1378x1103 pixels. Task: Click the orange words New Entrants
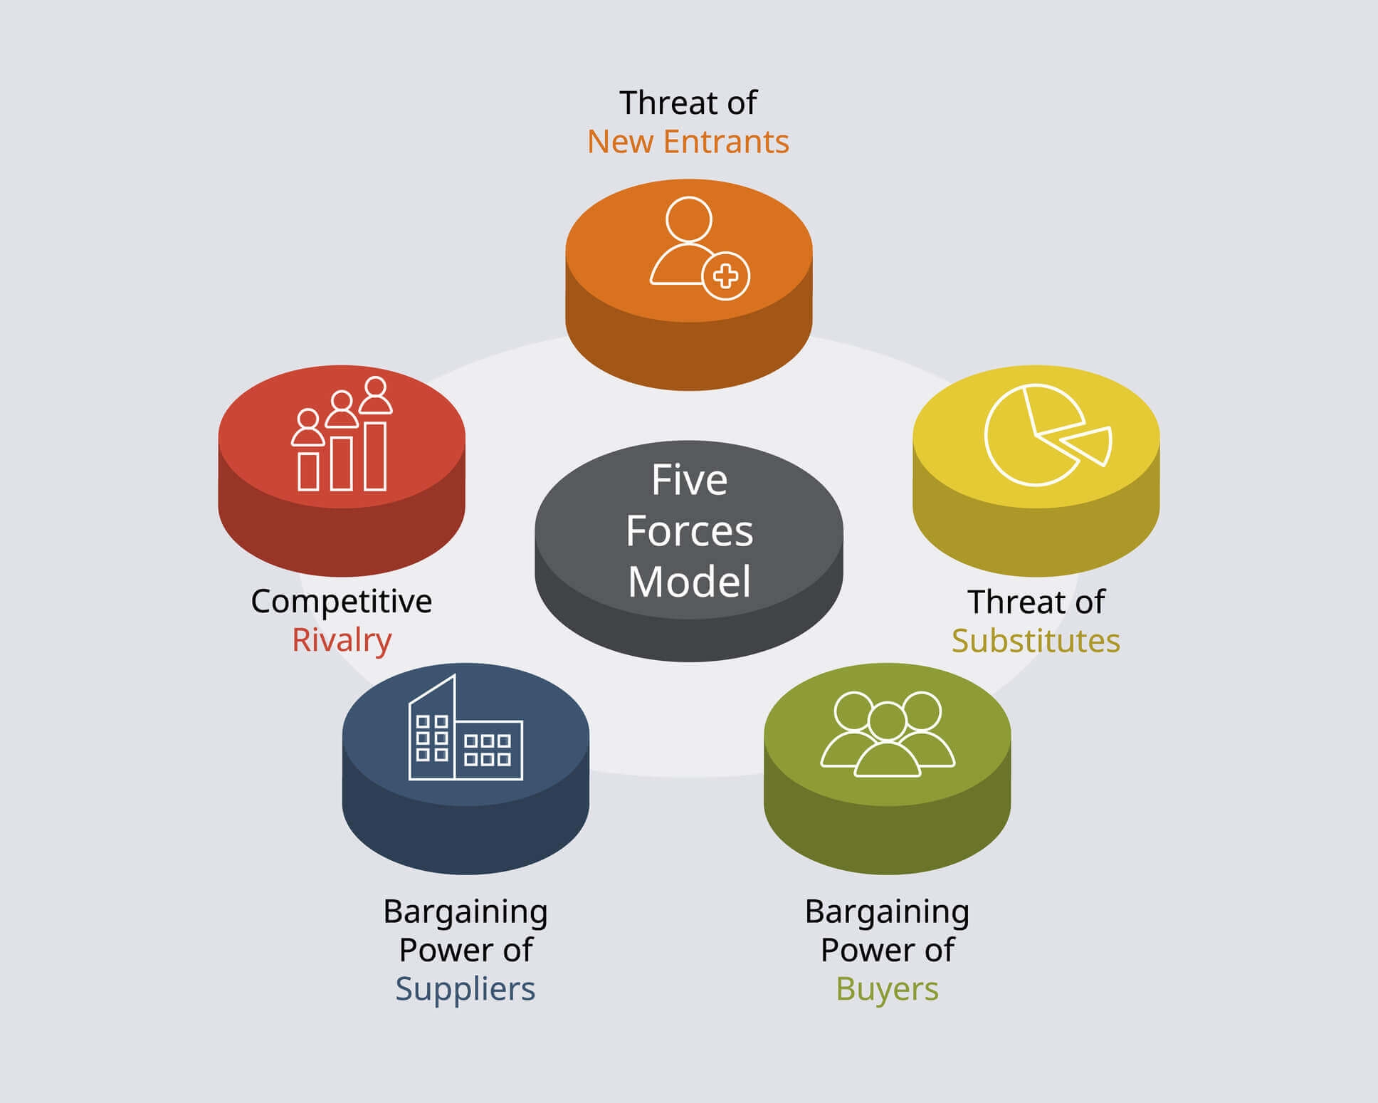pyautogui.click(x=688, y=142)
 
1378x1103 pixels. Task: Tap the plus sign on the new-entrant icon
pyautogui.click(x=725, y=276)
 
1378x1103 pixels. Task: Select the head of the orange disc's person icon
pyautogui.click(x=688, y=219)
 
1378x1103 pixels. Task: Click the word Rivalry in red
pyautogui.click(x=342, y=640)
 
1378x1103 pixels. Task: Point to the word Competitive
pyautogui.click(x=341, y=602)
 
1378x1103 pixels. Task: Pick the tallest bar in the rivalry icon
pyautogui.click(x=375, y=456)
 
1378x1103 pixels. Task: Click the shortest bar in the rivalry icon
pyautogui.click(x=308, y=471)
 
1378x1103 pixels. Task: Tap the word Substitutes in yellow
pyautogui.click(x=1036, y=641)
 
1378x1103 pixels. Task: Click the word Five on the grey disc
pyautogui.click(x=689, y=481)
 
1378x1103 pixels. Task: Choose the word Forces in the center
pyautogui.click(x=689, y=531)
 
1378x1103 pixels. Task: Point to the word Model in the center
pyautogui.click(x=689, y=582)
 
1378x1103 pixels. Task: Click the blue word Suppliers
pyautogui.click(x=465, y=989)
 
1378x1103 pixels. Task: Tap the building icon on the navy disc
pyautogui.click(x=465, y=733)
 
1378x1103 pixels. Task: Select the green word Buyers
pyautogui.click(x=887, y=989)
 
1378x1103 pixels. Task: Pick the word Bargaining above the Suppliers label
pyautogui.click(x=465, y=912)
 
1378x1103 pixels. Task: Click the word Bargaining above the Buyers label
pyautogui.click(x=887, y=912)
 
